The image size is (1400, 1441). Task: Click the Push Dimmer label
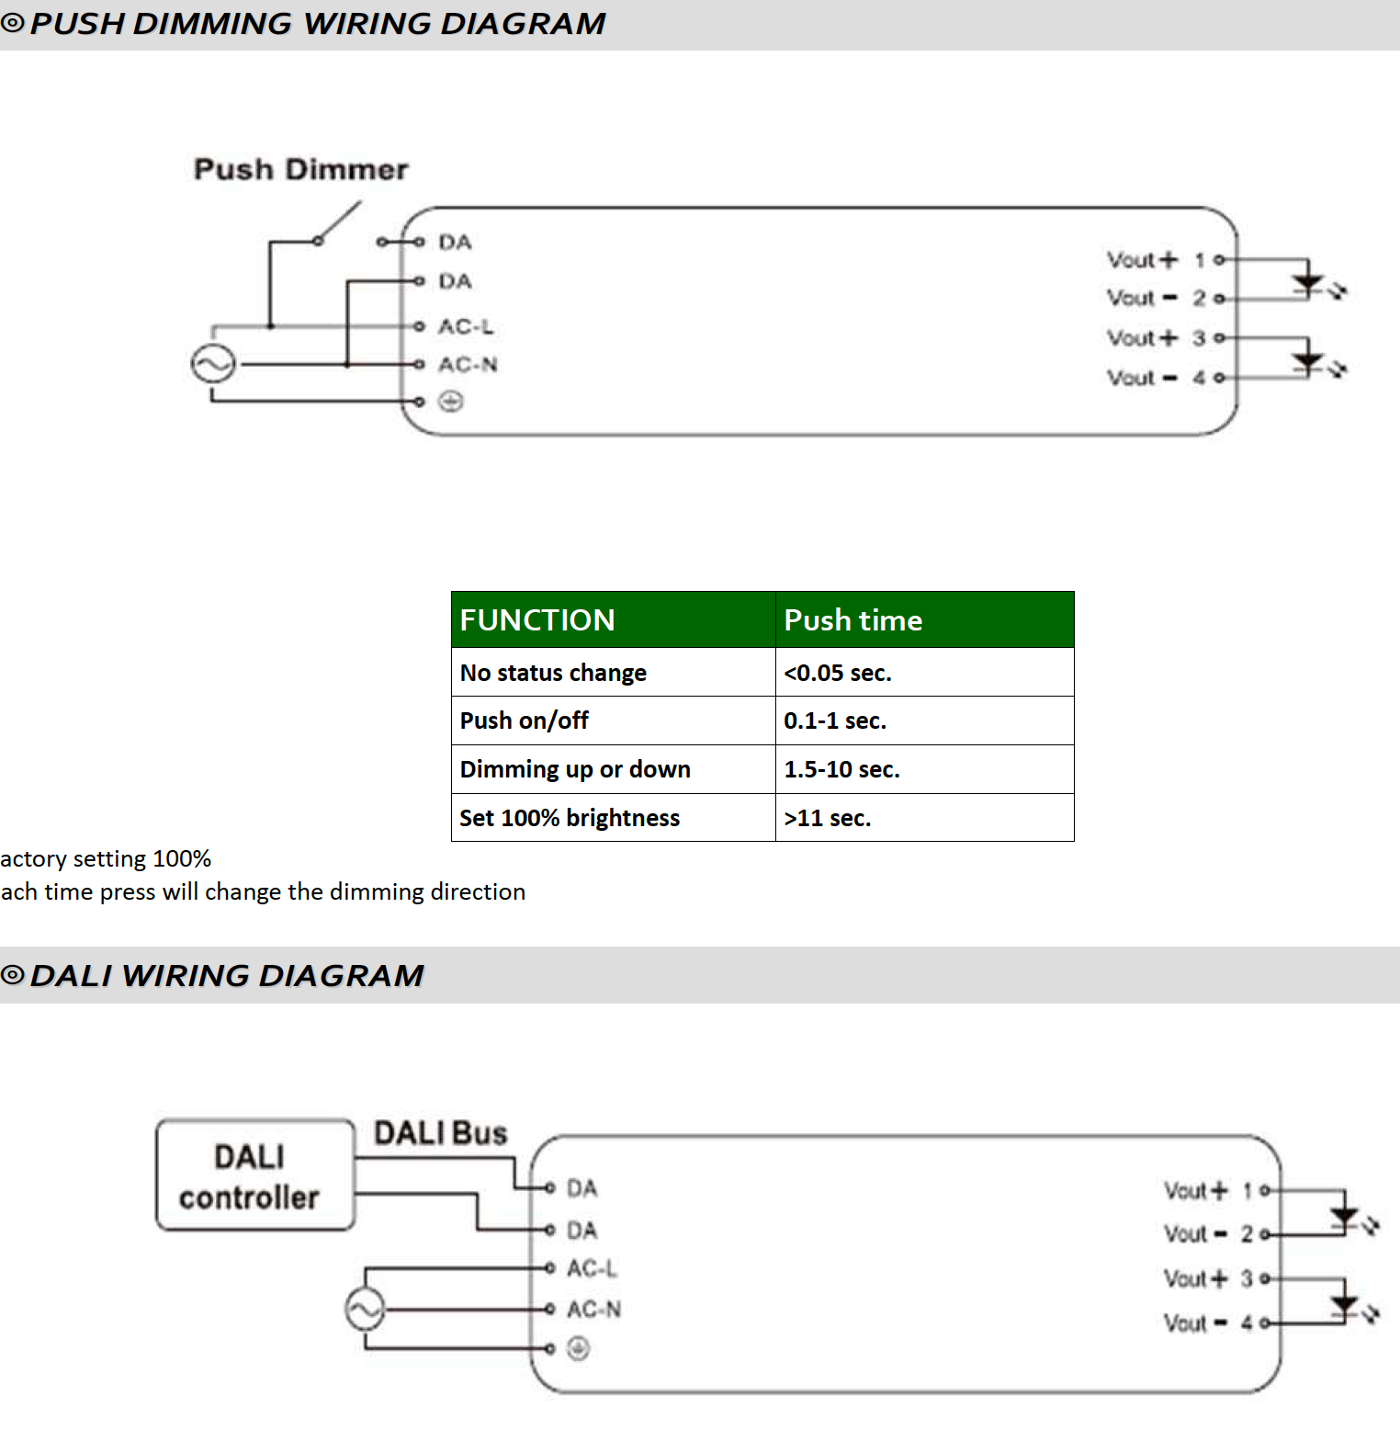tap(300, 169)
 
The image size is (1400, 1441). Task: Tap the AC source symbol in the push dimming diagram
tap(213, 365)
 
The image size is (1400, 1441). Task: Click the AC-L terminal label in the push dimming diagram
tap(466, 326)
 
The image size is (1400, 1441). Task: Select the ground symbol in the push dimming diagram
tap(450, 402)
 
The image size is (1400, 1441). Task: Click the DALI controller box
tap(255, 1174)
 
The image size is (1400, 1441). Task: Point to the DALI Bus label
tap(440, 1133)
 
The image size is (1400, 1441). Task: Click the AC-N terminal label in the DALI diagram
tap(593, 1309)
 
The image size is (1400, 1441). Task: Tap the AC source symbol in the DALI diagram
tap(365, 1310)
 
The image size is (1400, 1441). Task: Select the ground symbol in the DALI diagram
tap(578, 1348)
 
